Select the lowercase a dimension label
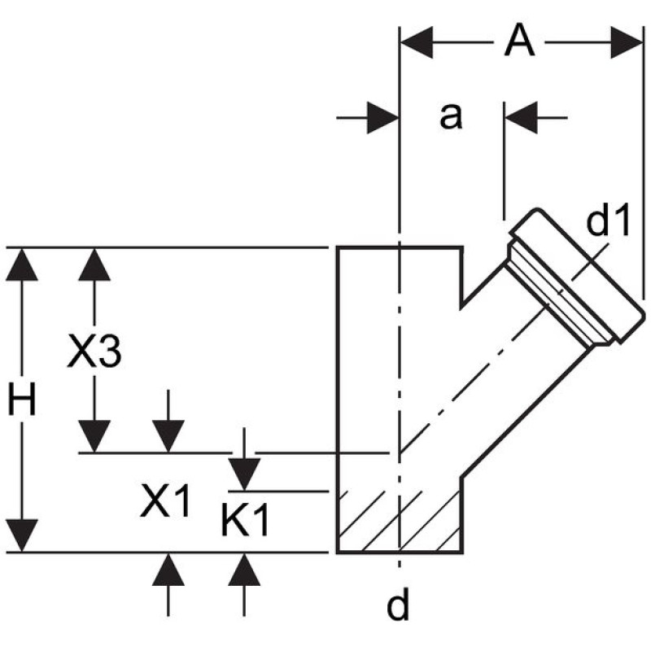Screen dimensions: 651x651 tap(450, 116)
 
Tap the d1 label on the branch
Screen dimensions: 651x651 tap(609, 221)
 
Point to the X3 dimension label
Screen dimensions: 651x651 tap(94, 353)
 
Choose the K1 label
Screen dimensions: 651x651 tap(245, 521)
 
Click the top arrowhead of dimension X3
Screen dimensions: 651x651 tap(95, 264)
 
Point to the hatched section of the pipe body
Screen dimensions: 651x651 tap(399, 521)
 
